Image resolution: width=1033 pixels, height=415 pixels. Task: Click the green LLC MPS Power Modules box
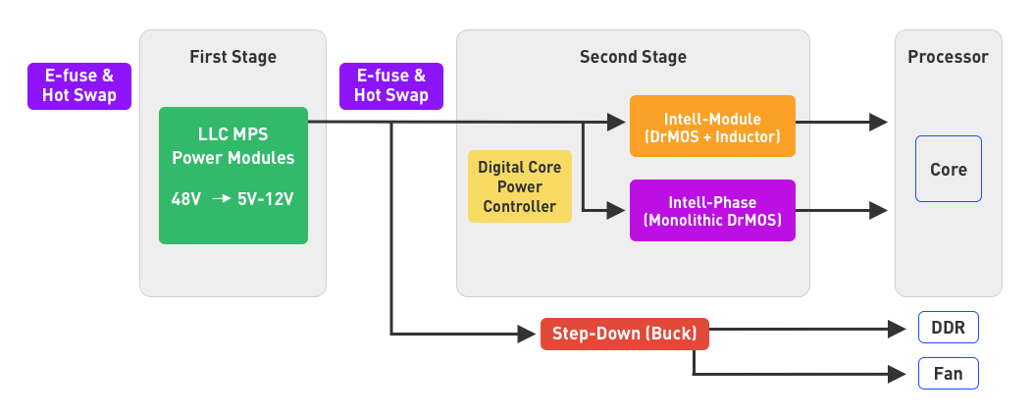click(233, 176)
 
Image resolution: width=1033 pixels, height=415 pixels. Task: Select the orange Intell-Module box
click(712, 126)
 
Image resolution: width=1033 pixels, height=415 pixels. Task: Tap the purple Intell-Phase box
click(712, 210)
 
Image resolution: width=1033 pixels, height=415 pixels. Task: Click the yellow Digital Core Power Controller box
click(519, 186)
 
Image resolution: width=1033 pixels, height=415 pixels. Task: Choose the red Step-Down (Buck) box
click(624, 334)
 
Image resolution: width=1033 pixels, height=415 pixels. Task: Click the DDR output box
click(948, 328)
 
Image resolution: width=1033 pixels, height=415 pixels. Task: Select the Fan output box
click(948, 374)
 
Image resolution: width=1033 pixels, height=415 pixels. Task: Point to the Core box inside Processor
click(948, 169)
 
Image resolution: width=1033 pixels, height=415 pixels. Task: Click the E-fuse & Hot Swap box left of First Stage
click(79, 85)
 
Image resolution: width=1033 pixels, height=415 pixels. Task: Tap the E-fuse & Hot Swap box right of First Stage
click(391, 85)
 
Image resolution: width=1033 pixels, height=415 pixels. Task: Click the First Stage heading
click(232, 57)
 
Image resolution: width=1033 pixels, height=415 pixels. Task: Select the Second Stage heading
click(633, 57)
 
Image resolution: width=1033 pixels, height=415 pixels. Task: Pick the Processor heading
click(948, 57)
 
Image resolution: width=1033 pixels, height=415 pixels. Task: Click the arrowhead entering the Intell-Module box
click(617, 123)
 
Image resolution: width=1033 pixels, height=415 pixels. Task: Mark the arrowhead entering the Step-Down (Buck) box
click(528, 335)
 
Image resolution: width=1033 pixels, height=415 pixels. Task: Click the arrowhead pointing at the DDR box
click(897, 329)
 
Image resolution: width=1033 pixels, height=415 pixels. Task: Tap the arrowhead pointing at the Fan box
click(897, 374)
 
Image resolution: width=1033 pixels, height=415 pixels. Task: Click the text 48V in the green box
click(186, 198)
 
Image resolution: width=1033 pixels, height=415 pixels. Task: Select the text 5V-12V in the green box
click(266, 198)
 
